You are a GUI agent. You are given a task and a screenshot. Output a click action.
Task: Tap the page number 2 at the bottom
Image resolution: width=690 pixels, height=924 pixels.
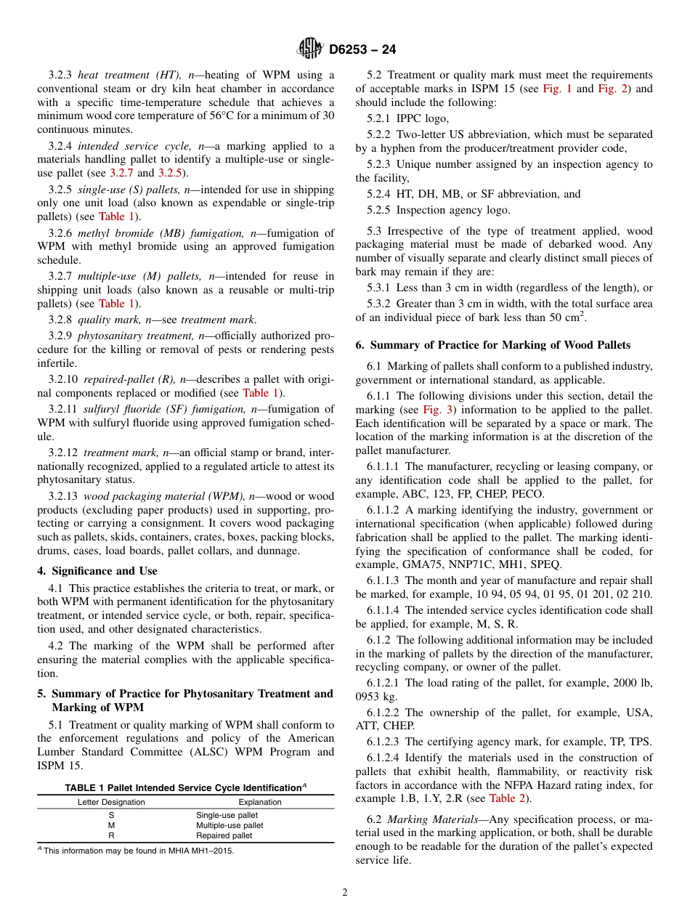click(x=345, y=893)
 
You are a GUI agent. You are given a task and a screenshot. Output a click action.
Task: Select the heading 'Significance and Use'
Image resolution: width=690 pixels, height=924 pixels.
click(x=105, y=571)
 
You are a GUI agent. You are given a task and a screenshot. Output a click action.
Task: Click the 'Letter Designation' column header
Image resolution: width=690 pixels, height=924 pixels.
click(x=111, y=802)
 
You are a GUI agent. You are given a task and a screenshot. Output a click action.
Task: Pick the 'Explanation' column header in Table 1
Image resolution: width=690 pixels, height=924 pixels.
click(x=260, y=802)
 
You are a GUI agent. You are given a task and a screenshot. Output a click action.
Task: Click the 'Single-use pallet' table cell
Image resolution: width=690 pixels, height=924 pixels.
click(x=227, y=815)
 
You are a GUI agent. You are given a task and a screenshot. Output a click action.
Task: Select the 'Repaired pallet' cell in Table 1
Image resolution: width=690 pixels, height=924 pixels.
click(x=224, y=835)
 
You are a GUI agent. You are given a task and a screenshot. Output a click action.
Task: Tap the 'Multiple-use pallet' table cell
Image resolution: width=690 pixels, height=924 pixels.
click(x=230, y=825)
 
